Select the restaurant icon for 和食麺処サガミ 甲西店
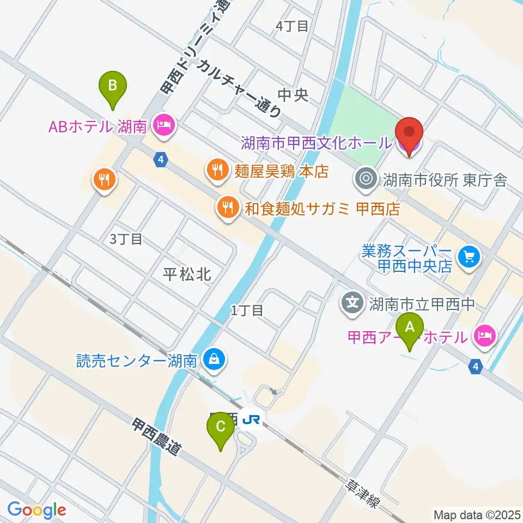pos(226,206)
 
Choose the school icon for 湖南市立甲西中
pos(354,301)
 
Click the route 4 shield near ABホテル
pos(160,159)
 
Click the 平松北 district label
pos(187,275)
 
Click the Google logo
pos(37,510)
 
